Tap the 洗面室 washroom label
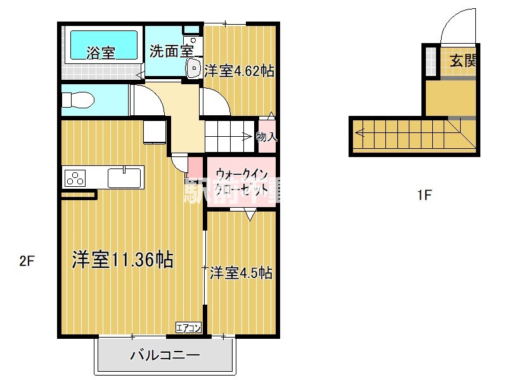click(171, 51)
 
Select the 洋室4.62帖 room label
click(240, 72)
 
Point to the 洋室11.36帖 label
click(122, 260)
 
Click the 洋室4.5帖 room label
click(241, 273)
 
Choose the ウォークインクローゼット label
click(241, 181)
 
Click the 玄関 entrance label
click(463, 61)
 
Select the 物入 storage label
click(266, 136)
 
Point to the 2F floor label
click(26, 260)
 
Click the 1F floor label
click(424, 195)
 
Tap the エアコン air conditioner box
click(188, 327)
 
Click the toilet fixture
click(79, 100)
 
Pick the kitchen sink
click(125, 177)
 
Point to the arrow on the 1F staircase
click(361, 133)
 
